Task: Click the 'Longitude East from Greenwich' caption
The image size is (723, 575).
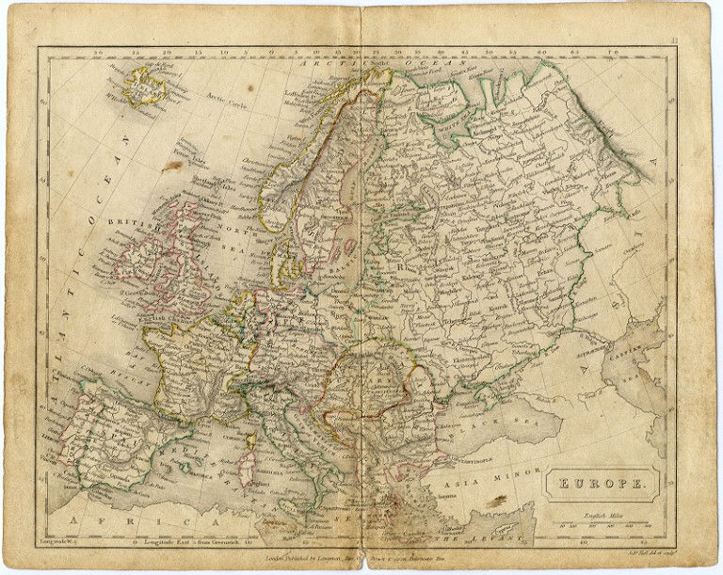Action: tap(170, 542)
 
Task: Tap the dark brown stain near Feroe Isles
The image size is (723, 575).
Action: tap(171, 166)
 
